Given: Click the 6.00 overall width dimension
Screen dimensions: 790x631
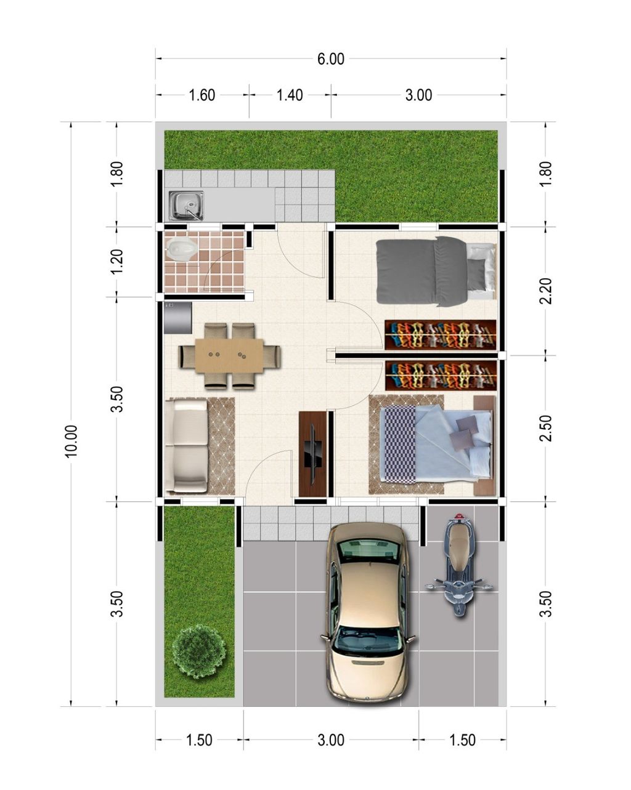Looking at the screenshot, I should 331,60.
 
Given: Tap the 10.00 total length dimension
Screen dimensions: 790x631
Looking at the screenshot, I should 72,441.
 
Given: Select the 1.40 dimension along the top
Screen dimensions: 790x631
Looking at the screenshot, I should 290,95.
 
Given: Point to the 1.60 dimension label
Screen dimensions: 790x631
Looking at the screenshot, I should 202,95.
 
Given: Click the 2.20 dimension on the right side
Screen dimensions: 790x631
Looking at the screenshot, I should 545,291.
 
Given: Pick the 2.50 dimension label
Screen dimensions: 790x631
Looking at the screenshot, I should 545,428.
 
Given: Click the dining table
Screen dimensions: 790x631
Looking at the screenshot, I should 230,356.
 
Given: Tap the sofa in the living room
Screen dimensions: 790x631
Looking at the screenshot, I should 187,445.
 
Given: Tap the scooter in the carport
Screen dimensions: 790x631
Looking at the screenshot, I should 458,565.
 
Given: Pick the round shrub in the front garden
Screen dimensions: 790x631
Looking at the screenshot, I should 198,651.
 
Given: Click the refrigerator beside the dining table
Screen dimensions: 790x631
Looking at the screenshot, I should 177,318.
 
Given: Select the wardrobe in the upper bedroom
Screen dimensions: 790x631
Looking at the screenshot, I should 441,334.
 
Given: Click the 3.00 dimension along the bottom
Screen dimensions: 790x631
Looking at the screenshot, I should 331,740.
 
